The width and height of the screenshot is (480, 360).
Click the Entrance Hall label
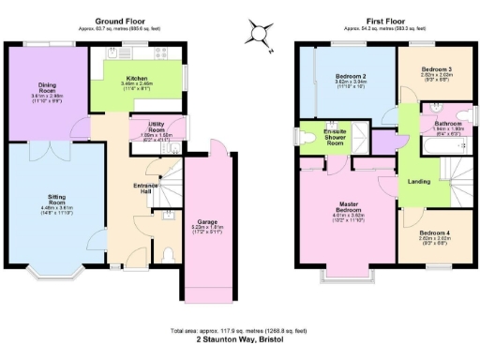tap(142, 188)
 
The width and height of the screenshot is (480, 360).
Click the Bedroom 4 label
tap(434, 232)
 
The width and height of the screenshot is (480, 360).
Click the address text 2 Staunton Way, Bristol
tap(240, 341)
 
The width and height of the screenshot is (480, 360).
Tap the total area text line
tap(240, 331)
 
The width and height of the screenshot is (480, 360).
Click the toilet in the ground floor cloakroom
tap(169, 254)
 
